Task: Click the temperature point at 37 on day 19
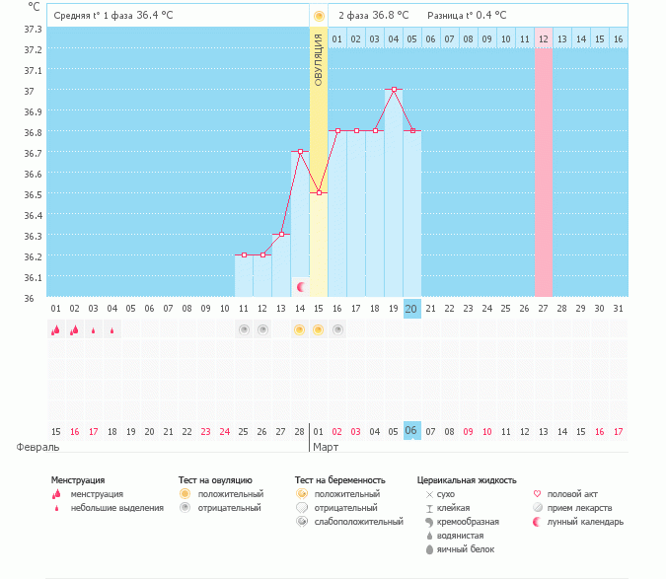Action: coord(395,90)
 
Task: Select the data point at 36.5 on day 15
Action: coord(319,192)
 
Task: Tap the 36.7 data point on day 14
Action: coord(300,151)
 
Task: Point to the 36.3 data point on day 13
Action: coord(281,234)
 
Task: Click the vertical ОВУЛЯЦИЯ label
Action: coord(318,59)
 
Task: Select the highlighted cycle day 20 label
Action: coord(412,309)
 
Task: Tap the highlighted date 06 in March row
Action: coord(412,431)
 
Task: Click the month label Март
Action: coord(326,447)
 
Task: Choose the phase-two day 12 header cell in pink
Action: coord(544,38)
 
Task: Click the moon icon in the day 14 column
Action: coord(301,286)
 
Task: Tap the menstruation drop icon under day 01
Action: coord(55,330)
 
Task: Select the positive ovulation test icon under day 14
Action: coord(299,329)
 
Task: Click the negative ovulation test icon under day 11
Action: coord(243,329)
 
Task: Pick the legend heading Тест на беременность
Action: coord(340,479)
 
